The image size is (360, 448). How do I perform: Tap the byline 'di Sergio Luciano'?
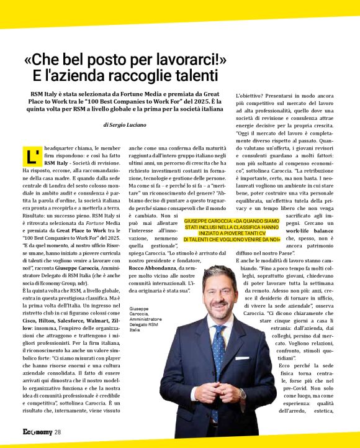[125, 125]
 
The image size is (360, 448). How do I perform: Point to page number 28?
[57, 432]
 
